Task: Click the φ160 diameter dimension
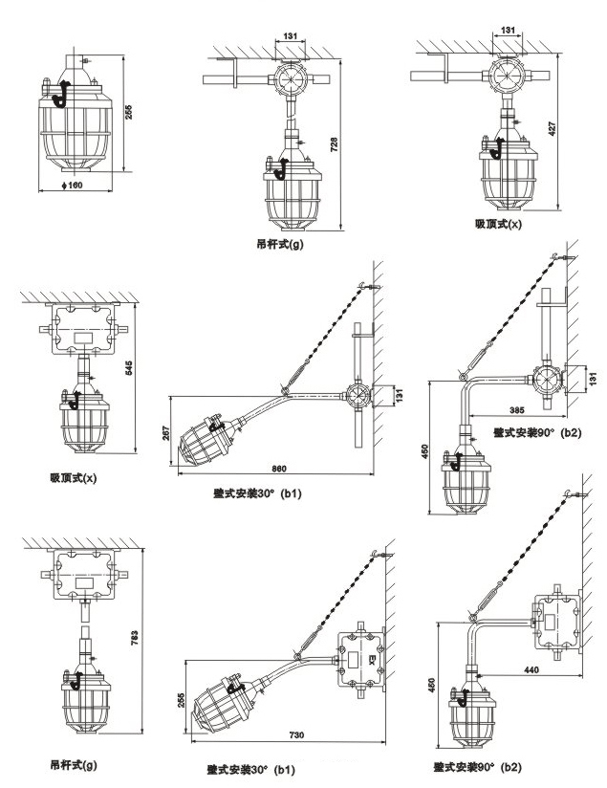69,184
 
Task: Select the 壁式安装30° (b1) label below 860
257,494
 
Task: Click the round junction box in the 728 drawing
284,77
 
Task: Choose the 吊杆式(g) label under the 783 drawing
74,765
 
